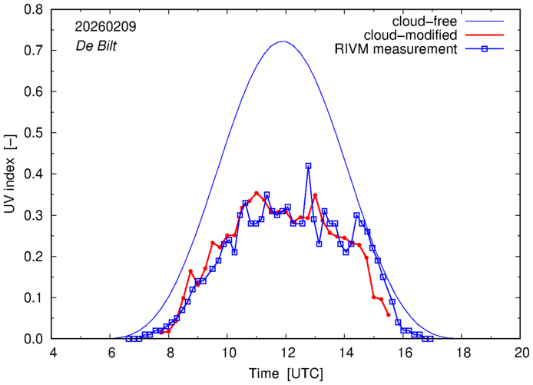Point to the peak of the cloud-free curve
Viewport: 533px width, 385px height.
click(283, 41)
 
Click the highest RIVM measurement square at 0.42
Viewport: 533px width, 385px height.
click(308, 166)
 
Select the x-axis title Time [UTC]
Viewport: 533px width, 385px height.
click(286, 373)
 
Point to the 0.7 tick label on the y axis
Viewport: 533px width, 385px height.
click(32, 51)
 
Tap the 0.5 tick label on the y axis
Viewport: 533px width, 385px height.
click(32, 133)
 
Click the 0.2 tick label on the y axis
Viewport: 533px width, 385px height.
click(32, 257)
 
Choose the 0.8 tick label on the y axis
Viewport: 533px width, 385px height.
click(32, 10)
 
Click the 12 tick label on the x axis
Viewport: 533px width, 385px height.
click(286, 353)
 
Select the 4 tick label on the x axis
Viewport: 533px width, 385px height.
click(52, 353)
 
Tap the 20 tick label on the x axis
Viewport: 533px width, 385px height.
click(521, 353)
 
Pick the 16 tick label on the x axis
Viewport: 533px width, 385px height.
click(404, 353)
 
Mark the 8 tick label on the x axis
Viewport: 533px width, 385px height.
click(170, 353)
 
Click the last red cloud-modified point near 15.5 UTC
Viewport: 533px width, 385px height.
click(389, 315)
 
